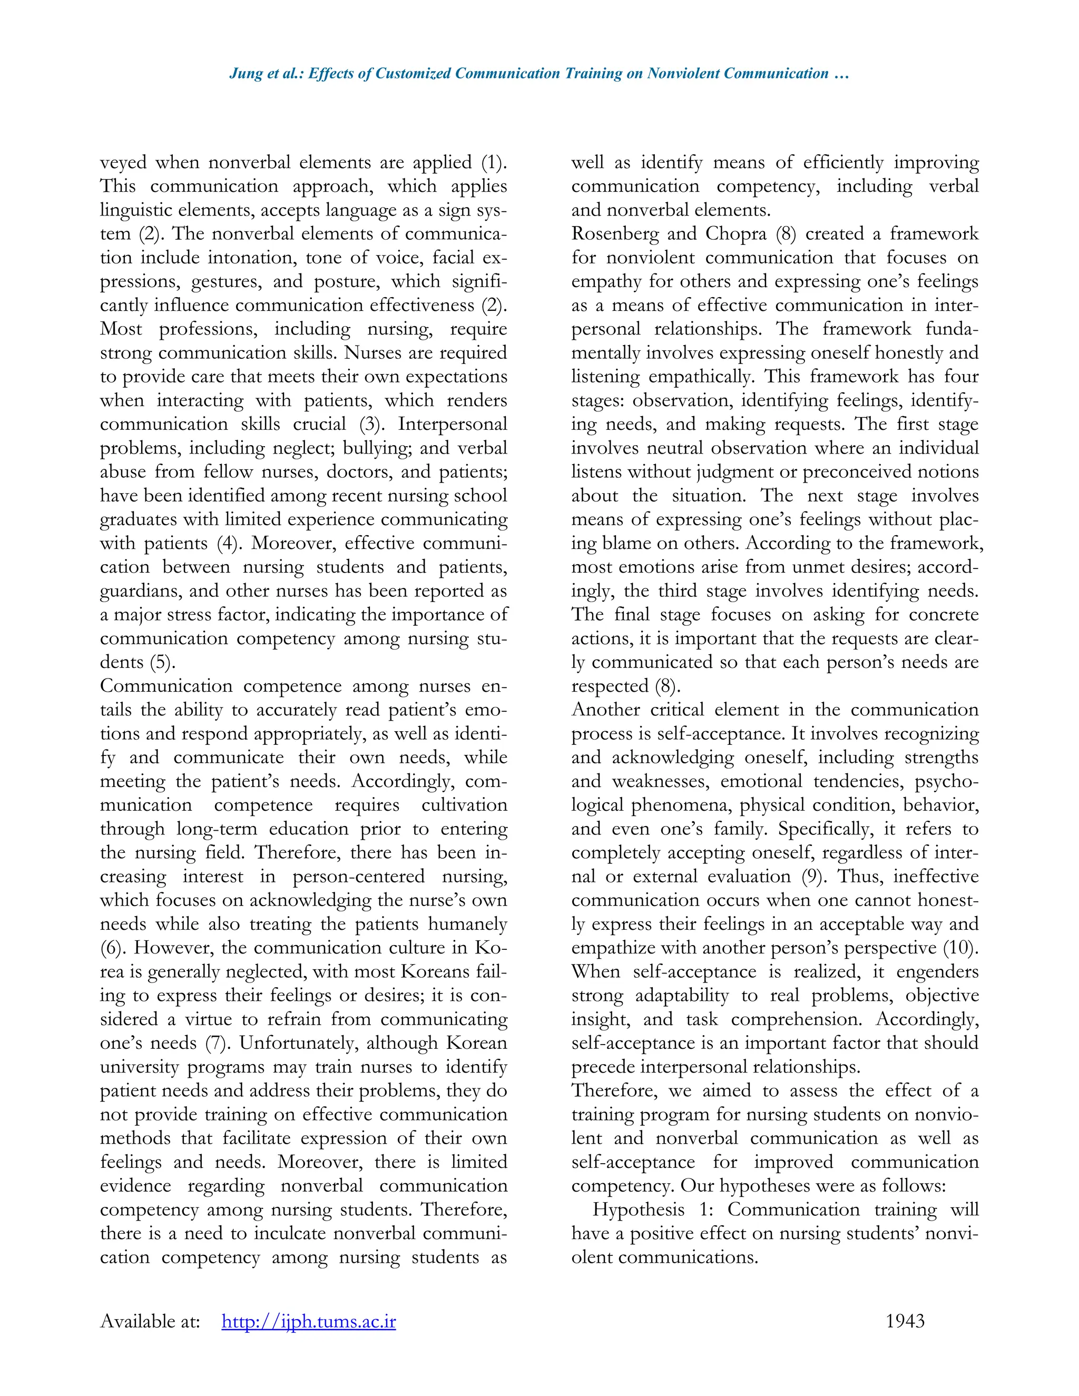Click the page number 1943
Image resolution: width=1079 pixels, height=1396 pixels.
905,1321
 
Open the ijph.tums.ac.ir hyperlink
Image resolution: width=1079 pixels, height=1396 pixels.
309,1321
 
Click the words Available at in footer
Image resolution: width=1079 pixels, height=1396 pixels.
150,1321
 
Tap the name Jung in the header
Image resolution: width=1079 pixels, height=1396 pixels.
246,74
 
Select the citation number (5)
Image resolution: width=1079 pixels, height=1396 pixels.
162,662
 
